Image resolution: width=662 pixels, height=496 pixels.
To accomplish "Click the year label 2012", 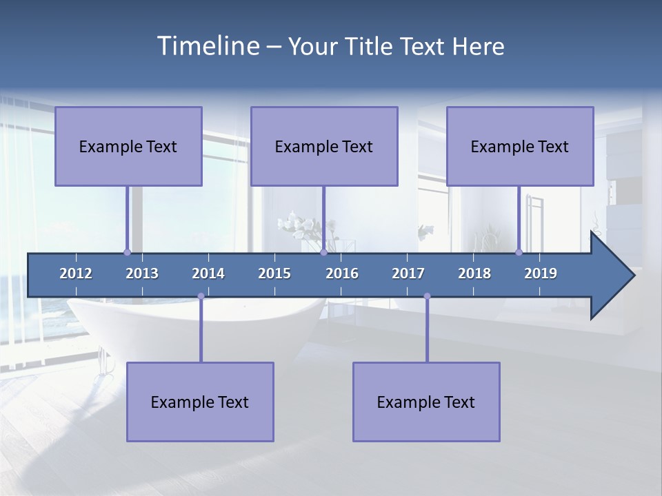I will click(76, 273).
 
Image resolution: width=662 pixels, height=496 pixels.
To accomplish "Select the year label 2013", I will click(142, 273).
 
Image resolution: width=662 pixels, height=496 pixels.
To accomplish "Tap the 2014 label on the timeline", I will click(208, 273).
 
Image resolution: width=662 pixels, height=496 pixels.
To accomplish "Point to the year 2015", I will click(274, 273).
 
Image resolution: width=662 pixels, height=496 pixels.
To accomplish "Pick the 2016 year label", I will click(342, 273).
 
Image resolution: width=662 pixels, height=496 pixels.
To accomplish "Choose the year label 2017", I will click(408, 273).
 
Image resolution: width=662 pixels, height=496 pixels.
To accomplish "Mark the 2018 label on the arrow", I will click(474, 273).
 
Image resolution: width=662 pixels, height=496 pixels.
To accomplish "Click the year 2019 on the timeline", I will click(541, 273).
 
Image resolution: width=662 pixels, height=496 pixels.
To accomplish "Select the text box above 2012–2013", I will click(128, 146).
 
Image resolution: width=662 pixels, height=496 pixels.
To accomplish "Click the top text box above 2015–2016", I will click(324, 146).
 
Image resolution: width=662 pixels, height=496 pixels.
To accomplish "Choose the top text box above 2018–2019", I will click(520, 146).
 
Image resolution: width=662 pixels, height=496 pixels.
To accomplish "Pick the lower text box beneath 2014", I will click(200, 402).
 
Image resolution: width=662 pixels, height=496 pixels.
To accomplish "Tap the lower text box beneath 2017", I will click(426, 402).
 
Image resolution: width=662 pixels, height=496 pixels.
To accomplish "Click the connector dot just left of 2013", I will click(127, 252).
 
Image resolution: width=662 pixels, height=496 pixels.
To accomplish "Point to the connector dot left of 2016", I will click(323, 252).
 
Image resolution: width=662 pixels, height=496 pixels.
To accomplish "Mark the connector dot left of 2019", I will click(519, 252).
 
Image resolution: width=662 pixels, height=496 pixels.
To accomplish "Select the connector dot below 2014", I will click(201, 296).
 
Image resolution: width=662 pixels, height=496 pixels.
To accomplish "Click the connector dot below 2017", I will click(427, 296).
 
